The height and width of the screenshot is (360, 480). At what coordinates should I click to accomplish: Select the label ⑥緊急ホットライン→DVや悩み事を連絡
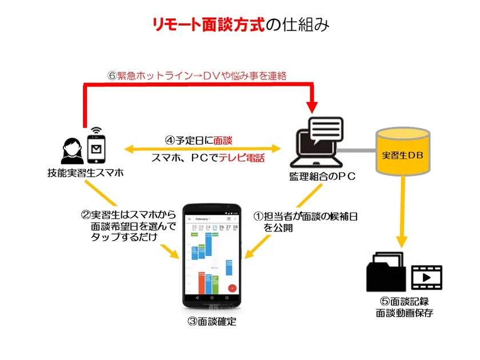tap(197, 75)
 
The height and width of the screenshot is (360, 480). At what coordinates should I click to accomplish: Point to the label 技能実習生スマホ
tap(86, 171)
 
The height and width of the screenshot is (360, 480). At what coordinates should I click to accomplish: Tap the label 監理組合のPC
tap(322, 177)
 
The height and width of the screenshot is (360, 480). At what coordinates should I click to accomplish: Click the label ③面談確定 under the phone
tap(211, 322)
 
